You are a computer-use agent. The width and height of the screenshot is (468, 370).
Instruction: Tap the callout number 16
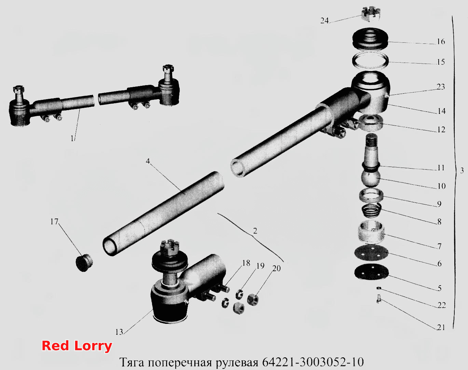[x=441, y=41]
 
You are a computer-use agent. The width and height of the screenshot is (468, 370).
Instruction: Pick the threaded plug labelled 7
[x=371, y=232]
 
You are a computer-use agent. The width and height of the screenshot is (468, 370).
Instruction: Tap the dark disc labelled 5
[x=371, y=272]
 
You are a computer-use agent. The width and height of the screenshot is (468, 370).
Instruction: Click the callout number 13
[x=119, y=332]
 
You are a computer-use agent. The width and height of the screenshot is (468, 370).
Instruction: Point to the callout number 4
[x=148, y=161]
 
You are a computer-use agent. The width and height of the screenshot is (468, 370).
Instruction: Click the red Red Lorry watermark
[x=77, y=346]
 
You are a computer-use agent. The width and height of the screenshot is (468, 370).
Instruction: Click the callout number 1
[x=72, y=138]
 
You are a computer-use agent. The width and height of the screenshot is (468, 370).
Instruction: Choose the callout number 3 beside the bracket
[x=462, y=170]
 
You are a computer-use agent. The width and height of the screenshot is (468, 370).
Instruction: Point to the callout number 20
[x=276, y=268]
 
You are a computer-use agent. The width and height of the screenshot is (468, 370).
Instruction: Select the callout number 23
[x=441, y=87]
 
